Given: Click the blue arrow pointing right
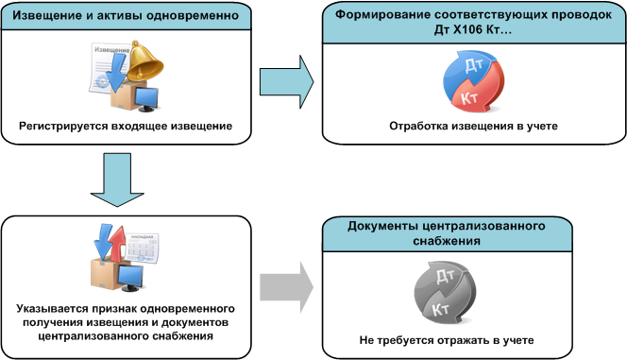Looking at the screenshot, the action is pyautogui.click(x=287, y=82).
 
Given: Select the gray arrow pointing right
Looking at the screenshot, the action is pyautogui.click(x=287, y=287).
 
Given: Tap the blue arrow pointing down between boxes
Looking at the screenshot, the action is pyautogui.click(x=117, y=180).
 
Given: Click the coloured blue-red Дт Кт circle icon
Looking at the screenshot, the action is pyautogui.click(x=473, y=81).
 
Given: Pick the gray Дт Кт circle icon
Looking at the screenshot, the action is pyautogui.click(x=445, y=292).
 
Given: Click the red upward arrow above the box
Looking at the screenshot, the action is pyautogui.click(x=117, y=243).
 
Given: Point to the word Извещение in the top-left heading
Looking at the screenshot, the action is pyautogui.click(x=40, y=16).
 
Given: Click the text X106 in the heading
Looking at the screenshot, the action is pyautogui.click(x=468, y=29).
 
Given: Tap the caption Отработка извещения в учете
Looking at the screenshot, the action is pyautogui.click(x=473, y=126).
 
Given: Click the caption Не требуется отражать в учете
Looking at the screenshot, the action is pyautogui.click(x=447, y=340).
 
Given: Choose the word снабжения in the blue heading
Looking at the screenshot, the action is pyautogui.click(x=447, y=241).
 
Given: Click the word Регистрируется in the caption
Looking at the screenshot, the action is pyautogui.click(x=63, y=126).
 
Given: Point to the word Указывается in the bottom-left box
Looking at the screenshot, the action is pyautogui.click(x=52, y=309).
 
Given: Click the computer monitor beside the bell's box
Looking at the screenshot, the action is pyautogui.click(x=146, y=99).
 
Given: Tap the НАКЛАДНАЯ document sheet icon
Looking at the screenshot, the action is pyautogui.click(x=142, y=248).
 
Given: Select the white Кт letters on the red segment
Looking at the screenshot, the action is pyautogui.click(x=469, y=97).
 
